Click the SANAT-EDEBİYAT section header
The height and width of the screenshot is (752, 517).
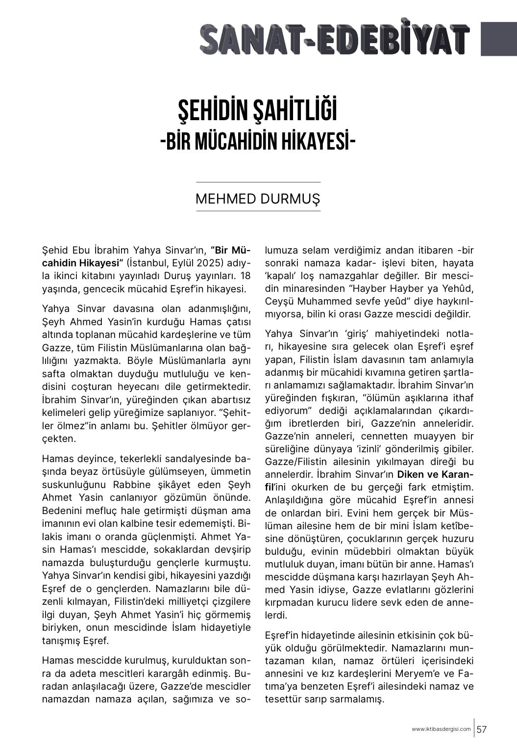[335, 40]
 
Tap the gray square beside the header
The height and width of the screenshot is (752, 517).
[498, 39]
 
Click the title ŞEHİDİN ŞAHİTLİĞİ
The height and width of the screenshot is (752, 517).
[258, 111]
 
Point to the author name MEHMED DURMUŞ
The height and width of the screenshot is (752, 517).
[258, 199]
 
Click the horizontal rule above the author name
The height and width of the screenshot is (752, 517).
[258, 182]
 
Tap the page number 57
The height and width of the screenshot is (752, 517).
[482, 729]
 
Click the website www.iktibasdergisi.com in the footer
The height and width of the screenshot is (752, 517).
[441, 729]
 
